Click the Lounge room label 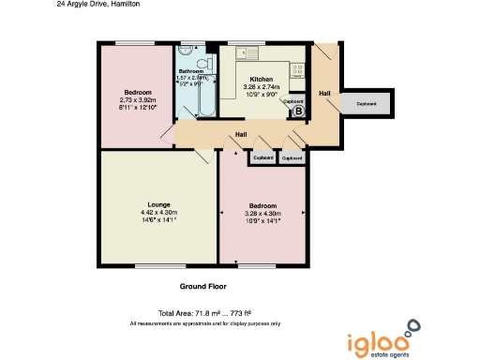pyautogui.click(x=157, y=204)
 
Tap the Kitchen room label pyautogui.click(x=261, y=80)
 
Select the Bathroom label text pyautogui.click(x=191, y=70)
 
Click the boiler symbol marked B pyautogui.click(x=299, y=110)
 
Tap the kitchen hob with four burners pyautogui.click(x=298, y=68)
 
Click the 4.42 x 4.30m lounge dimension pyautogui.click(x=157, y=214)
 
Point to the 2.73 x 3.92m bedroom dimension pyautogui.click(x=138, y=98)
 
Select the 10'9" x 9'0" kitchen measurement pyautogui.click(x=261, y=95)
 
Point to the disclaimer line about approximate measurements pyautogui.click(x=204, y=322)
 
